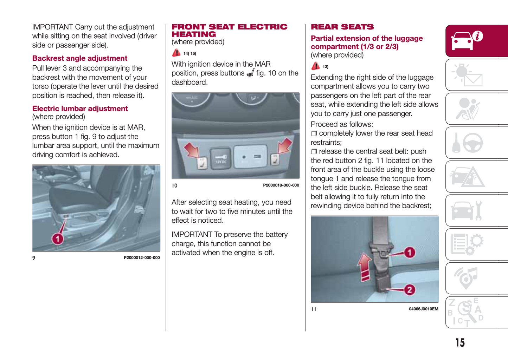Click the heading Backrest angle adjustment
click(80, 58)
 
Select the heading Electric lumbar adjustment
click(80, 109)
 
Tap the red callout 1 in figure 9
click(58, 239)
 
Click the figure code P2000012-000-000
click(142, 258)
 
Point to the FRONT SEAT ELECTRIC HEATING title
click(229, 31)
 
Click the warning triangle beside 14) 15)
click(176, 53)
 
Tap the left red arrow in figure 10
click(191, 150)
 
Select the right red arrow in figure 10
click(284, 145)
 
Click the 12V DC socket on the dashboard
click(220, 159)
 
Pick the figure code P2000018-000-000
click(281, 185)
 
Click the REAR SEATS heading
click(342, 27)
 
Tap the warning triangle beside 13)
click(315, 66)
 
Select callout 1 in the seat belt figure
click(409, 252)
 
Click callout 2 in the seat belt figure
click(409, 290)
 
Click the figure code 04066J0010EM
click(423, 309)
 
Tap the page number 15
click(460, 342)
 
